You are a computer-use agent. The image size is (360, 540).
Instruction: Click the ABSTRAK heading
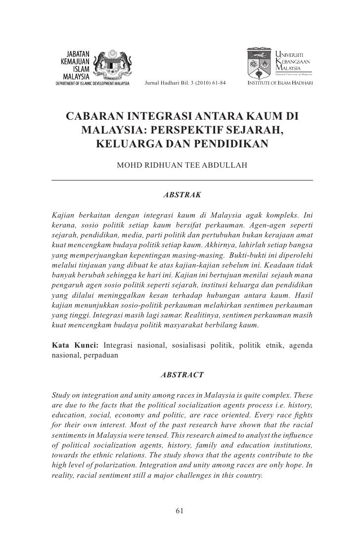click(182, 195)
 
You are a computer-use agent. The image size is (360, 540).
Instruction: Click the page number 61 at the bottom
click(181, 511)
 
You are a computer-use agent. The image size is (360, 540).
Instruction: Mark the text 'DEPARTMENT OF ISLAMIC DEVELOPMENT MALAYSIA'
click(92, 83)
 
